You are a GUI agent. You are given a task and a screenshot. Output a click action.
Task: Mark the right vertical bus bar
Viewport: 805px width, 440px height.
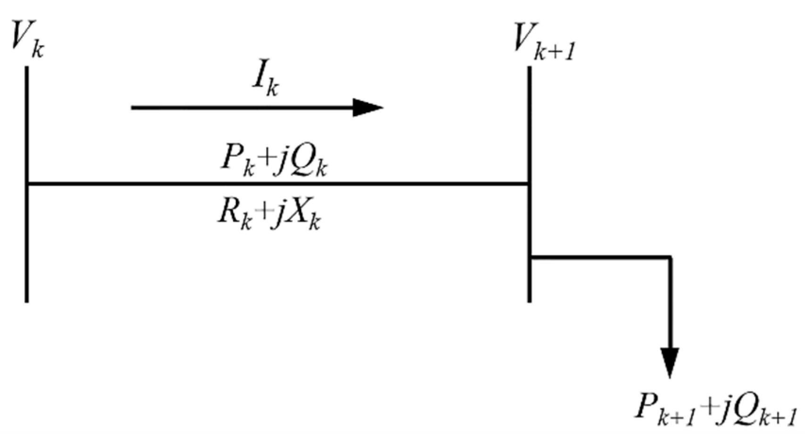(530, 142)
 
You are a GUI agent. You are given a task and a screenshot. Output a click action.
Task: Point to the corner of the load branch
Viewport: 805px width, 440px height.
(670, 257)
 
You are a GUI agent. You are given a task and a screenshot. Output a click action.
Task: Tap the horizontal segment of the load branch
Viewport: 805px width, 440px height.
(599, 257)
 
